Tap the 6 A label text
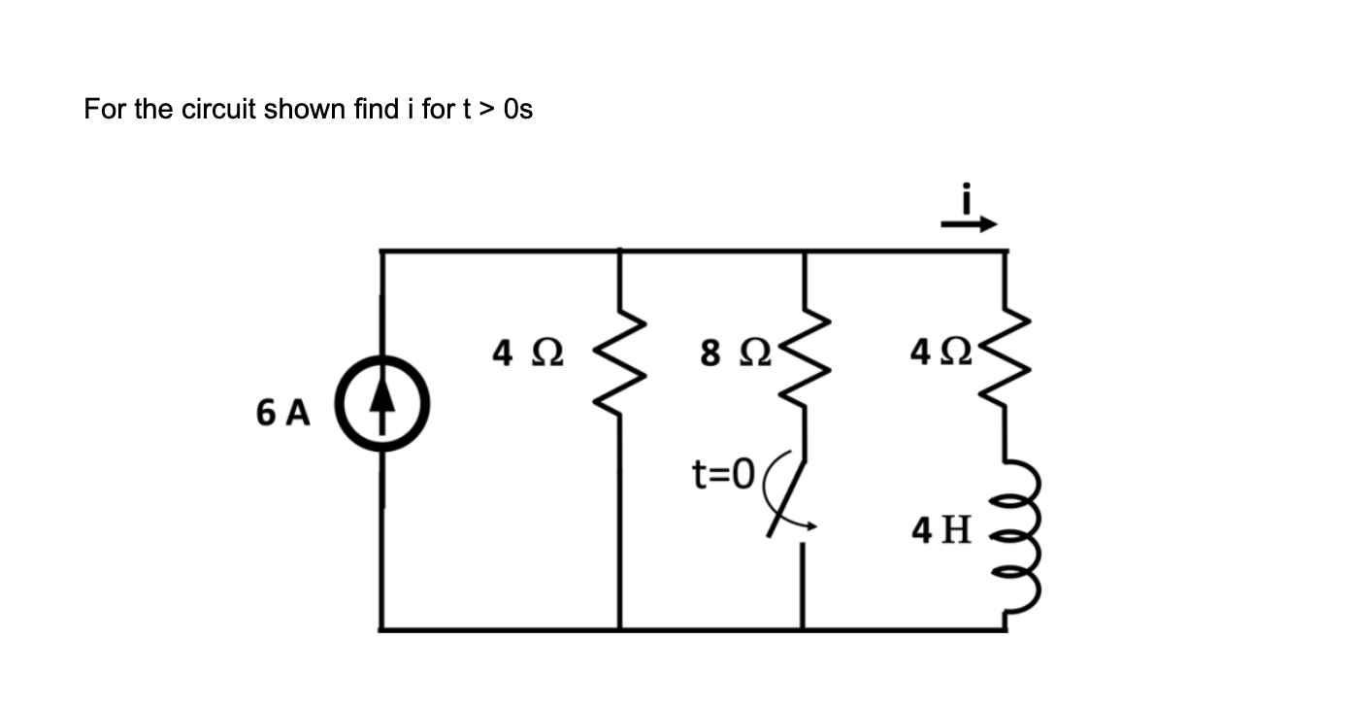283,414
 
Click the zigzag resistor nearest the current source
620,369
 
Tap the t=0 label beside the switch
722,475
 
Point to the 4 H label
940,529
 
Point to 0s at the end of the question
519,109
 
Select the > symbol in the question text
488,109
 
